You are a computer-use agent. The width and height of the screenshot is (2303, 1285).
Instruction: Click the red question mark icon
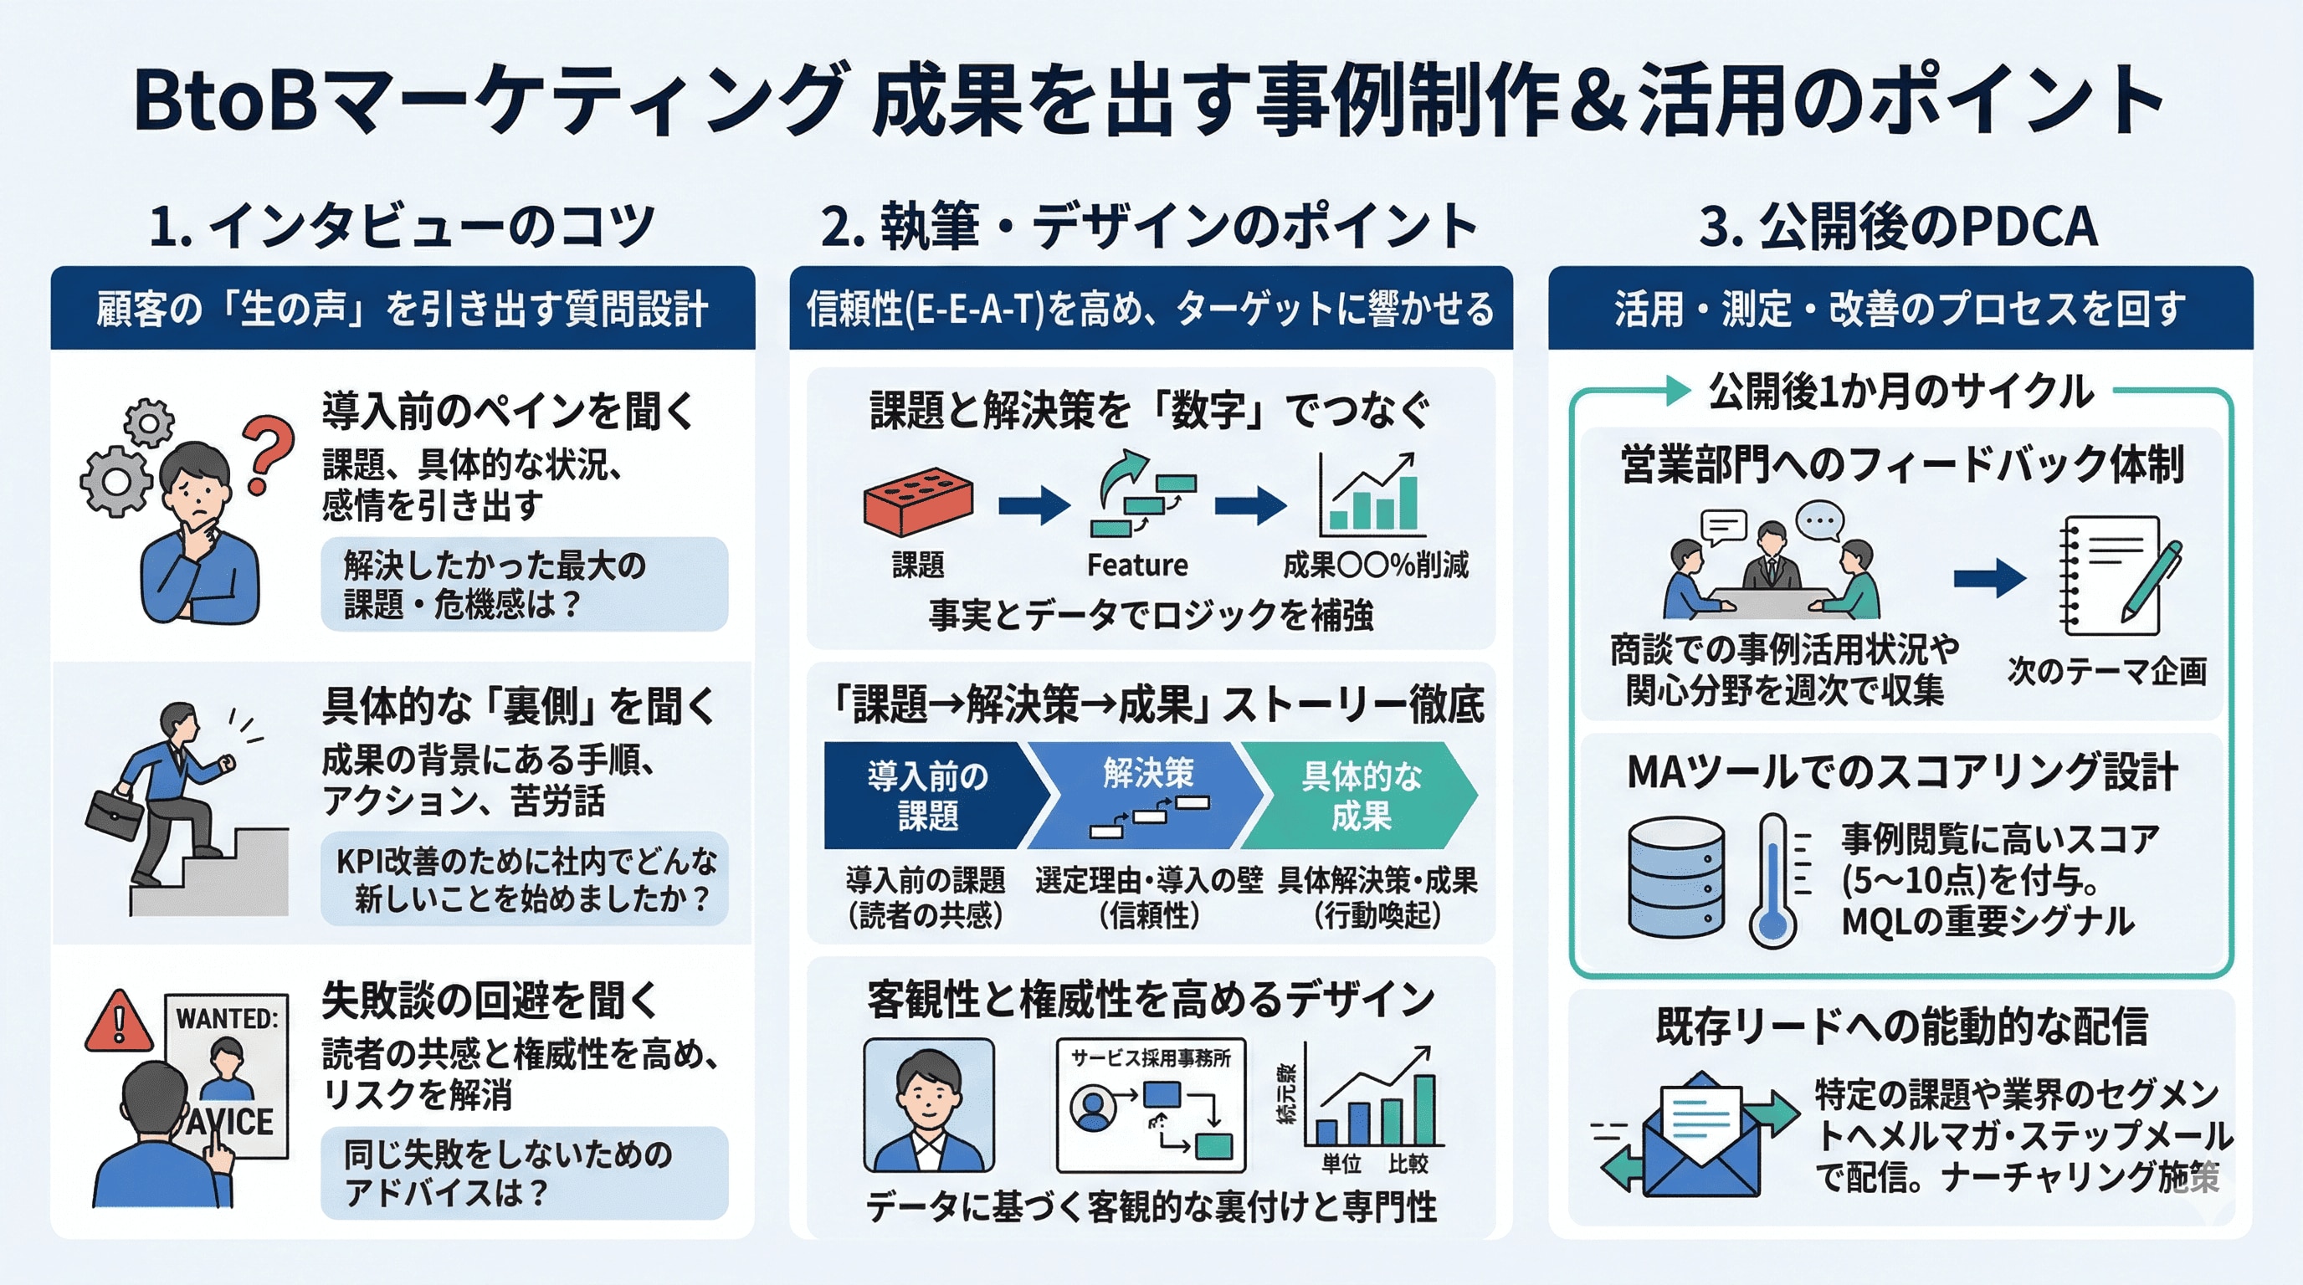(x=269, y=452)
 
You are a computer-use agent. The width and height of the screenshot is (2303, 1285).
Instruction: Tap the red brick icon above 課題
(x=918, y=501)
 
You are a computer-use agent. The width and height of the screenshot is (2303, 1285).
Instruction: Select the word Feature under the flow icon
(x=1137, y=565)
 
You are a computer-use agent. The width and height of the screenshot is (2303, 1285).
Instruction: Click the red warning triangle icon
(x=117, y=1021)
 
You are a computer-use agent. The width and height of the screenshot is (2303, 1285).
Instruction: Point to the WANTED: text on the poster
(x=227, y=1019)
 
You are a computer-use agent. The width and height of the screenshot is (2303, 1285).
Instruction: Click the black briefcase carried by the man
(x=114, y=813)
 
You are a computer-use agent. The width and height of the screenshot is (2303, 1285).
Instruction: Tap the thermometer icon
(x=1772, y=880)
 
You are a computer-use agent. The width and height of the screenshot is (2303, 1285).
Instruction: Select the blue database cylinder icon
(x=1676, y=878)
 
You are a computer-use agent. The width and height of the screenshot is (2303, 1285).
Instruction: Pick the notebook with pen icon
(x=2120, y=575)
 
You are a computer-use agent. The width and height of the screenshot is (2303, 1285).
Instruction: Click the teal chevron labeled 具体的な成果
(x=1359, y=796)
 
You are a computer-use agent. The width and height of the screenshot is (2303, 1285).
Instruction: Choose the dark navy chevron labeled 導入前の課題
(x=930, y=796)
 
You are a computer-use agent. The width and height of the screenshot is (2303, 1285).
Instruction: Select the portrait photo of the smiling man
(x=929, y=1105)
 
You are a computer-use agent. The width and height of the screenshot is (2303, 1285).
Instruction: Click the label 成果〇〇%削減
(x=1375, y=565)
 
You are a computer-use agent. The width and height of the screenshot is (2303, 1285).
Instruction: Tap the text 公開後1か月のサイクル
(x=1900, y=392)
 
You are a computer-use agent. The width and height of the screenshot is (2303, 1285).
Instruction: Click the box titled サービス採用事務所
(x=1151, y=1105)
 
